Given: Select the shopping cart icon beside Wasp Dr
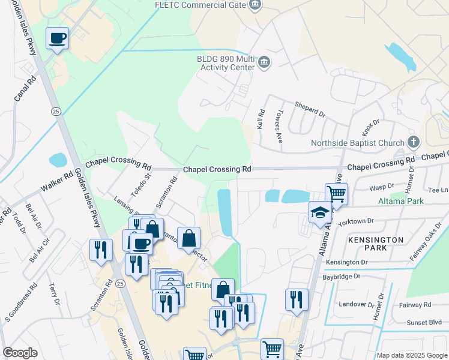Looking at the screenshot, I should tap(336, 194).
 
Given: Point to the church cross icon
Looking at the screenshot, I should tap(412, 142).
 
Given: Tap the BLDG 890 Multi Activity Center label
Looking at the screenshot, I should tap(226, 64).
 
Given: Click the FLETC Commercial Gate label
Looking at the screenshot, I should tap(200, 5).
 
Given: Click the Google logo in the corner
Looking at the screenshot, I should tap(20, 353).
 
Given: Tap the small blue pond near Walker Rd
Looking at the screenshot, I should tap(58, 160).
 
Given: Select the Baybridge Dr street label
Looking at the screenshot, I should tap(340, 277).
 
